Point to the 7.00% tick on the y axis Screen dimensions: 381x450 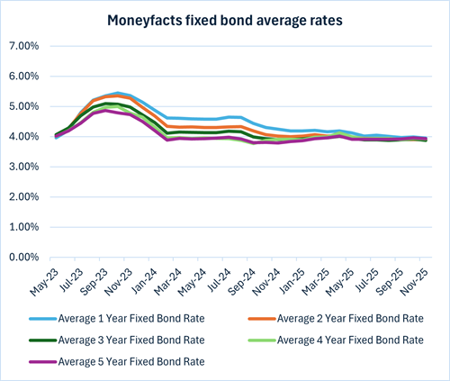click(23, 45)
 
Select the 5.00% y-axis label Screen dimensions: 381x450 click(23, 106)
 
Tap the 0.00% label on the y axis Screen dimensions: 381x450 click(23, 258)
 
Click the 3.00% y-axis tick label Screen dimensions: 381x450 click(23, 167)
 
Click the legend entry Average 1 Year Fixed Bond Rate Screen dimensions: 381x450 click(147, 319)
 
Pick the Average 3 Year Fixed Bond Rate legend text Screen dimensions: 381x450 click(147, 340)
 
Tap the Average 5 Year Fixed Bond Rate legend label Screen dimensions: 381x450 click(147, 360)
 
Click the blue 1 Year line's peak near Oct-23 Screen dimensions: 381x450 click(118, 93)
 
